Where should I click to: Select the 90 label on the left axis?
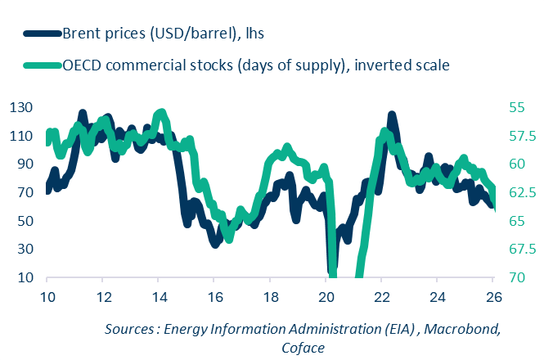click(x=22, y=164)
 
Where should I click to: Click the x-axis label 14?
click(x=158, y=296)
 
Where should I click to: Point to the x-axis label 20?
click(x=326, y=296)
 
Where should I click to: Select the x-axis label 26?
click(x=493, y=296)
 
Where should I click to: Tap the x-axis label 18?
click(x=270, y=296)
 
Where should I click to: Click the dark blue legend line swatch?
click(x=42, y=33)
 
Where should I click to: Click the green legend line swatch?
click(x=42, y=65)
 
